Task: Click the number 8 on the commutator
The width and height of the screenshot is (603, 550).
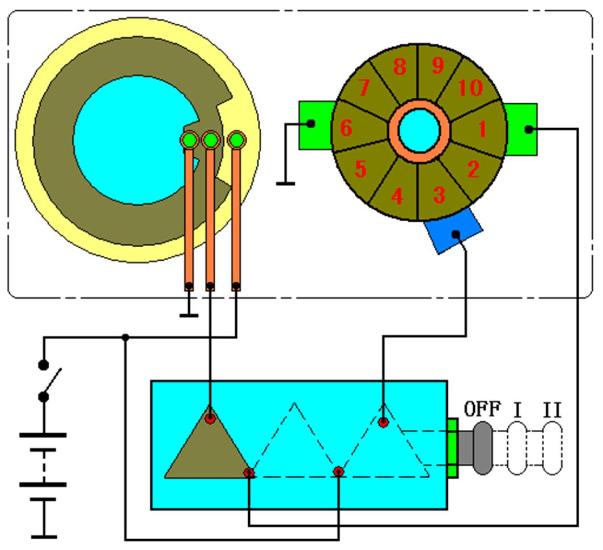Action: (x=400, y=66)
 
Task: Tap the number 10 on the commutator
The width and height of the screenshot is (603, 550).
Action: (x=470, y=88)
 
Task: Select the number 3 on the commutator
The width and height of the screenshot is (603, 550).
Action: (x=439, y=194)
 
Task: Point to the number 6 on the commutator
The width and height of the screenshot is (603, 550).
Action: (x=346, y=128)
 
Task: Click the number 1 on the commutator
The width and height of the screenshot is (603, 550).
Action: (x=482, y=129)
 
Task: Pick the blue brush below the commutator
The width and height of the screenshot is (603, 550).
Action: (x=453, y=231)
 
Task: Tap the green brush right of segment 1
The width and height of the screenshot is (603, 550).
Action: (x=521, y=129)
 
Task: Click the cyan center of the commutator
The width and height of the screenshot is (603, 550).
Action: (x=419, y=130)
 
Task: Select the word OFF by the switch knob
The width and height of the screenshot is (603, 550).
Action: (x=482, y=409)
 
